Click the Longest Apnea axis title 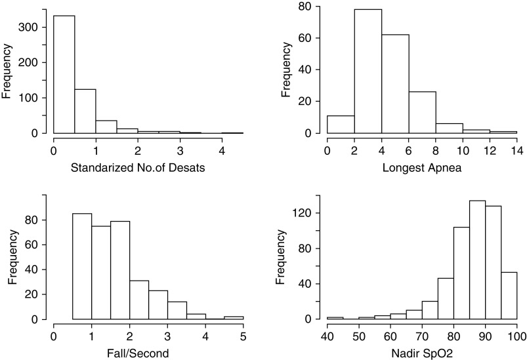pos(421,168)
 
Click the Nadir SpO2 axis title pos(421,354)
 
